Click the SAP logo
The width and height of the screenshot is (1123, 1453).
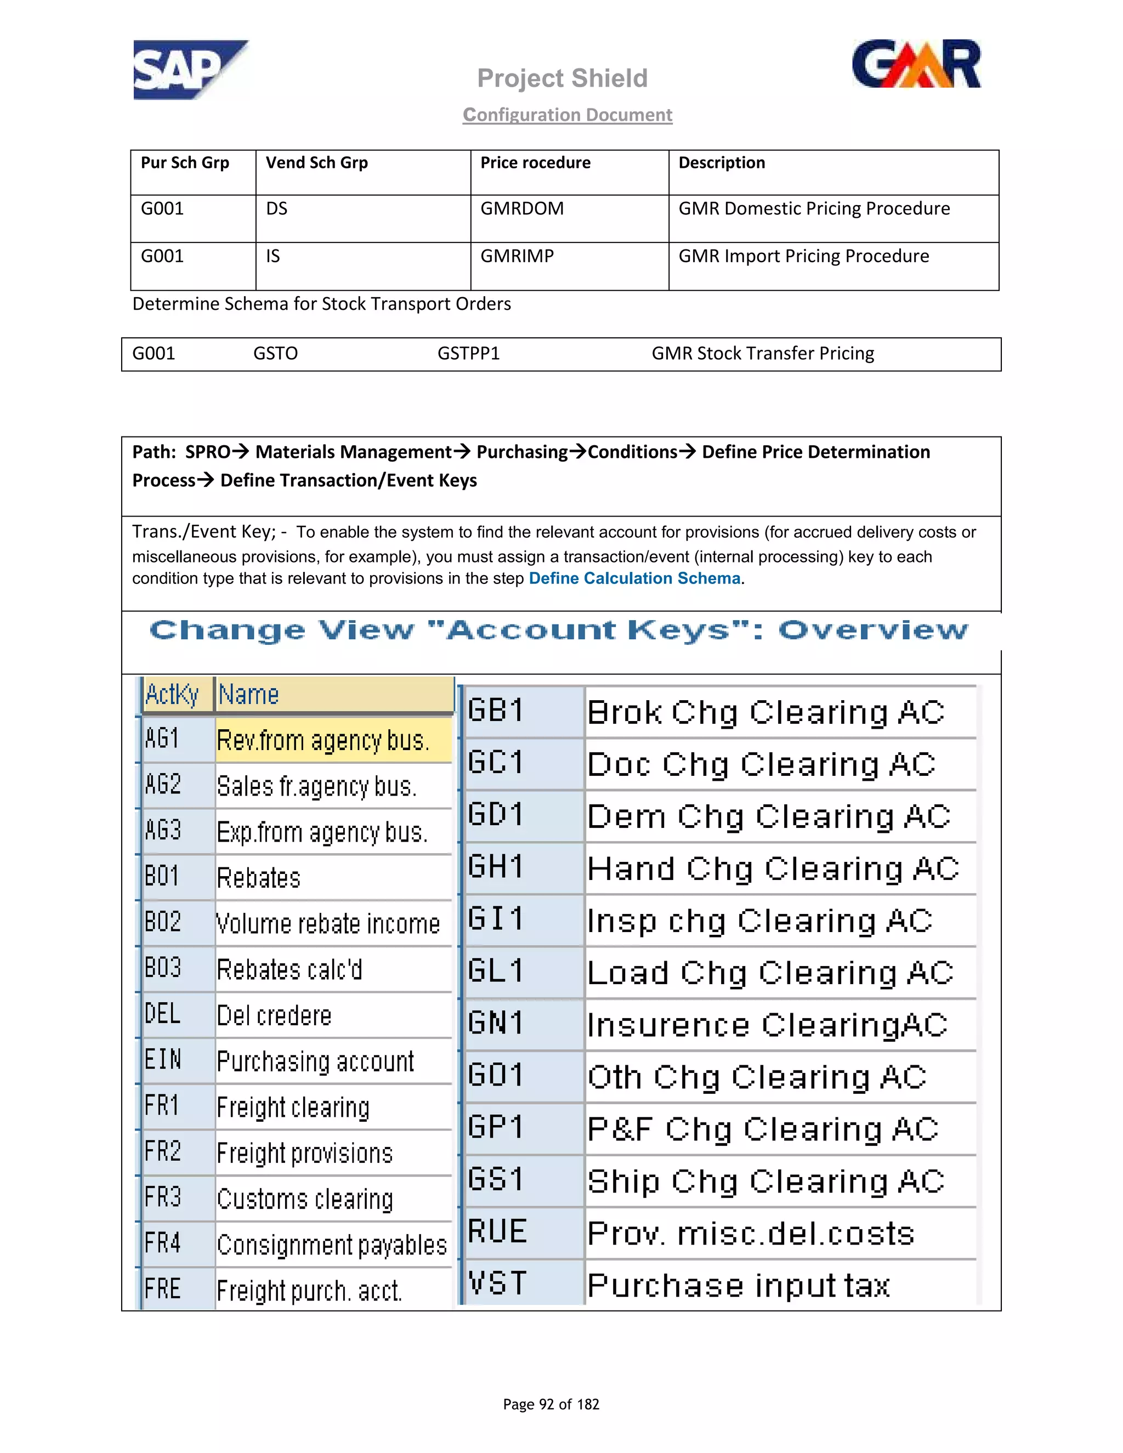click(x=189, y=70)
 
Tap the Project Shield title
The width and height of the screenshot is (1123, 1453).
click(x=562, y=78)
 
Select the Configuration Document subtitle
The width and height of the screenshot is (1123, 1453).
click(x=568, y=115)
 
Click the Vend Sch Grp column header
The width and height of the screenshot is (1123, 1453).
click(x=317, y=163)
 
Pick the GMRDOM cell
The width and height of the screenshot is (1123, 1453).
click(x=521, y=209)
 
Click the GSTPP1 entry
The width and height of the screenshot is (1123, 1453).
click(x=468, y=353)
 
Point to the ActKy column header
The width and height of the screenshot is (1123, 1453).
click(x=172, y=695)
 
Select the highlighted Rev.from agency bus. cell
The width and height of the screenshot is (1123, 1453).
click(x=324, y=740)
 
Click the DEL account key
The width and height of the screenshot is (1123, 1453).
click(x=163, y=1014)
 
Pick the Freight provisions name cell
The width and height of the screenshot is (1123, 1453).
click(x=305, y=1153)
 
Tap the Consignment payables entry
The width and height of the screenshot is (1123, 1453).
click(x=331, y=1245)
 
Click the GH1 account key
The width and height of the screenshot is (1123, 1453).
click(x=496, y=867)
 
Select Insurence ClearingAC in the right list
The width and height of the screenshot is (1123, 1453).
click(x=767, y=1025)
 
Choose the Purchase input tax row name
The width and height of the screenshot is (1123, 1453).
click(x=739, y=1285)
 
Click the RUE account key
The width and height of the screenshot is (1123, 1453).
click(x=496, y=1232)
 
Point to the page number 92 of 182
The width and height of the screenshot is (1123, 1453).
click(x=551, y=1404)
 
